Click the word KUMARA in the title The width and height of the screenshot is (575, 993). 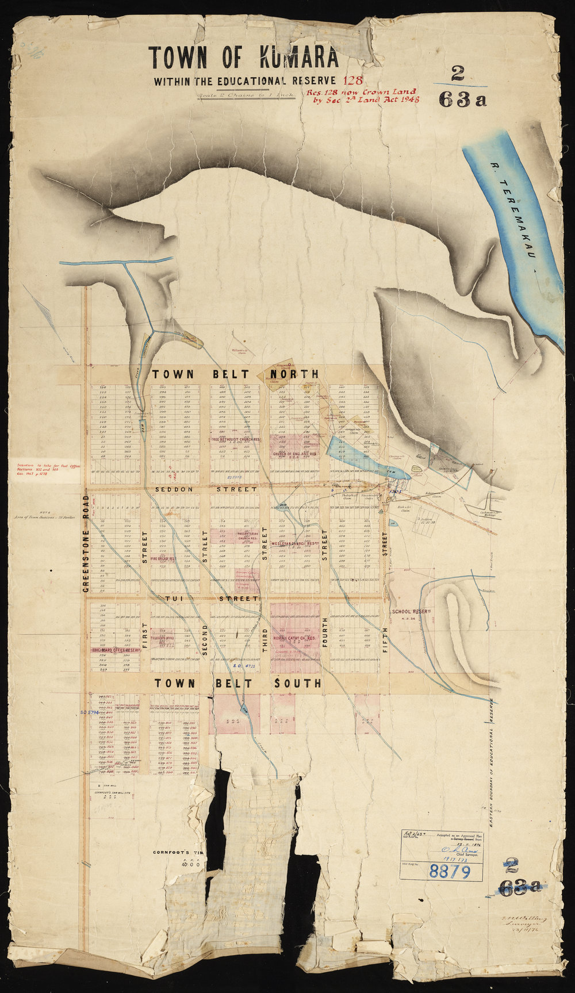click(299, 59)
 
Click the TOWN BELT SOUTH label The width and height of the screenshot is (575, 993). click(237, 683)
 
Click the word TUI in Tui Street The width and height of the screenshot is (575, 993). click(174, 599)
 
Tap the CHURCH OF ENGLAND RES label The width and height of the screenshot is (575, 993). click(295, 454)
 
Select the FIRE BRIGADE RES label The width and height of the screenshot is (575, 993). click(163, 558)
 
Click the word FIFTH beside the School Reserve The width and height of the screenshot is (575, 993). click(386, 638)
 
